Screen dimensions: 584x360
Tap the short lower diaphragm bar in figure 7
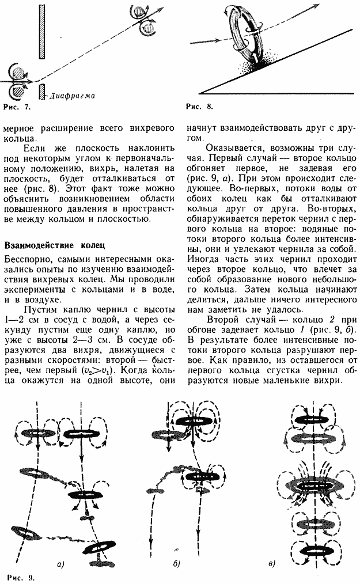tap(42, 91)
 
